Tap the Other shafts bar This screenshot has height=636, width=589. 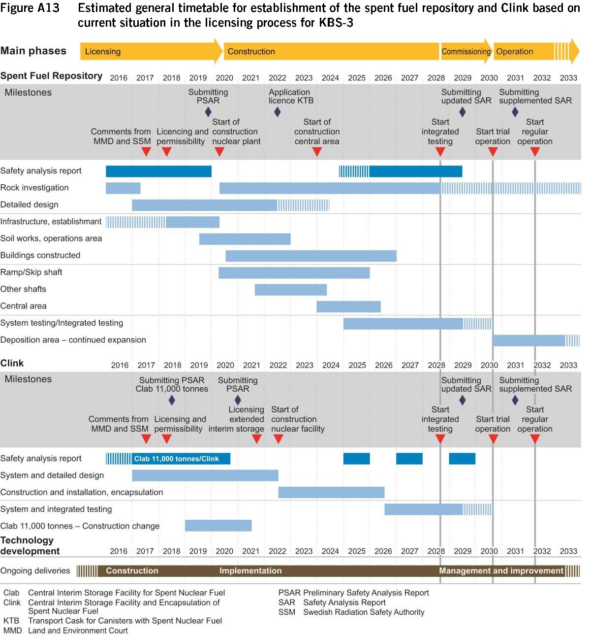(290, 290)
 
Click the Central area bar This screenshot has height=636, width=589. (348, 306)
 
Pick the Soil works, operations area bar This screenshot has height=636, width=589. (245, 239)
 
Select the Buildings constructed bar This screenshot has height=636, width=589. (310, 256)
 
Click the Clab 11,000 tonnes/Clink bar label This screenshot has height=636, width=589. (176, 459)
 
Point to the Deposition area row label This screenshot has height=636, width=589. (73, 340)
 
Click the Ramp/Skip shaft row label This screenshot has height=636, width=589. (31, 272)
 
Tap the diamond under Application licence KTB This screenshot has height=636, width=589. (278, 112)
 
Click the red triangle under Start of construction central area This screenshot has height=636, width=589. (317, 152)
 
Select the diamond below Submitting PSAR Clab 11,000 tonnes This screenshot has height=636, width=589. (172, 400)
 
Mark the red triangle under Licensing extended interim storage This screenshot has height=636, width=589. (257, 439)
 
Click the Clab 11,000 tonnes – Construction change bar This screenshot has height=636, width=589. (218, 526)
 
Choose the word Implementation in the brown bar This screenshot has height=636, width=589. (250, 571)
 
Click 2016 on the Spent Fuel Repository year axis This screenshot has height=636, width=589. (119, 78)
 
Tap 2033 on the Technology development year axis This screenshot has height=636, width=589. (568, 551)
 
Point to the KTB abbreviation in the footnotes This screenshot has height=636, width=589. (11, 621)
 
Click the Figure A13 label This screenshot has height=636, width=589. (30, 8)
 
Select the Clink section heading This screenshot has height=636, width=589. (12, 363)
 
